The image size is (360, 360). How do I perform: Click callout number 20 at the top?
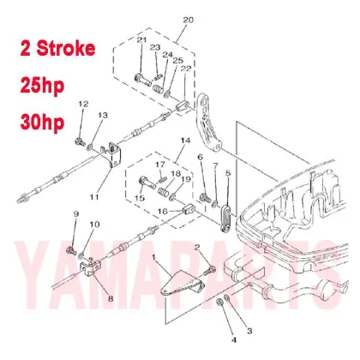189,18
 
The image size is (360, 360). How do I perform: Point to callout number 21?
141,41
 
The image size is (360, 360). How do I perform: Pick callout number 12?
83,104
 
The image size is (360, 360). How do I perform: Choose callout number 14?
183,139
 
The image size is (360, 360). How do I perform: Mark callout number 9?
75,213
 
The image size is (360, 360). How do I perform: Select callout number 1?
154,256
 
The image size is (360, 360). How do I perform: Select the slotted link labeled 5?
225,214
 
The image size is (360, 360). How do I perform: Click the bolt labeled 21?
139,80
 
